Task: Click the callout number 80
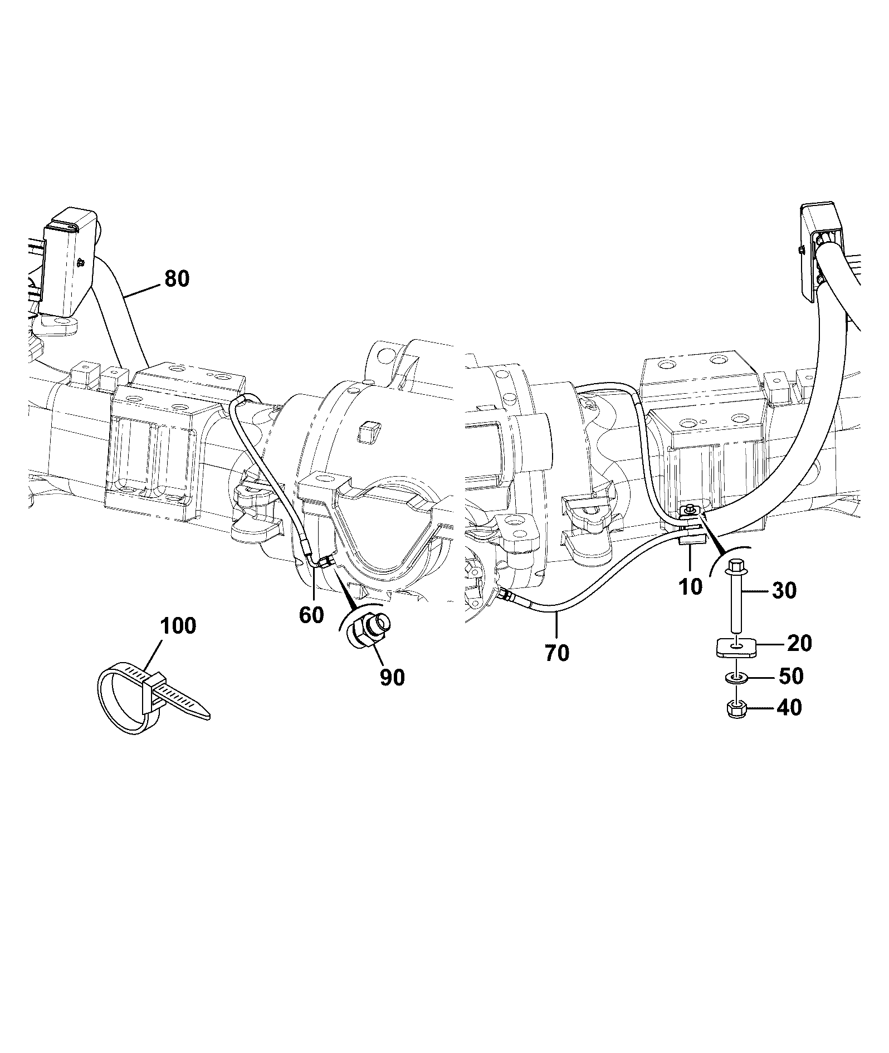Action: (x=177, y=278)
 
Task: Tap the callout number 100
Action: (x=178, y=626)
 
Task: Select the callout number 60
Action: (x=311, y=615)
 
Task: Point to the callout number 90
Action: (x=392, y=677)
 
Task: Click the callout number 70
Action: (x=557, y=653)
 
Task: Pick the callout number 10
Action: (x=691, y=586)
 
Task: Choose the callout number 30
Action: (x=784, y=590)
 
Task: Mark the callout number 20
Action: (x=799, y=644)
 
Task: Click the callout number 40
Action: (x=789, y=708)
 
